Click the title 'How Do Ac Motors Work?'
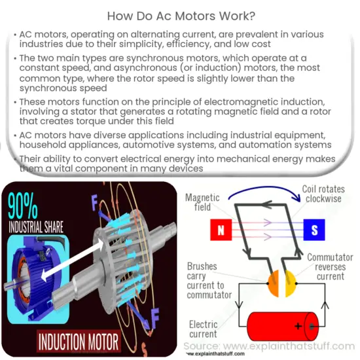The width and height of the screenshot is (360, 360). click(x=179, y=14)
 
